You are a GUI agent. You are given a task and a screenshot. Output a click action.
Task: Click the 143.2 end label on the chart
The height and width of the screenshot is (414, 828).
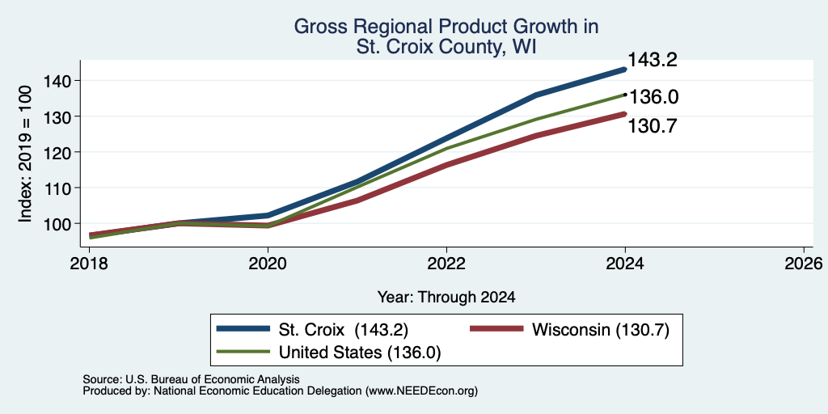pyautogui.click(x=653, y=60)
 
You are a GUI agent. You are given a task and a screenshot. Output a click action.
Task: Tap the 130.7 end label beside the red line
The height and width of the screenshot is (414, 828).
pyautogui.click(x=653, y=126)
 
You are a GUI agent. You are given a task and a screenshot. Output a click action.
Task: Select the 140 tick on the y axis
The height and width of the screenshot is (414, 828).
pyautogui.click(x=57, y=81)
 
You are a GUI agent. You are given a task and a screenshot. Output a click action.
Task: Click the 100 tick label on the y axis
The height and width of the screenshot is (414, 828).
pyautogui.click(x=57, y=224)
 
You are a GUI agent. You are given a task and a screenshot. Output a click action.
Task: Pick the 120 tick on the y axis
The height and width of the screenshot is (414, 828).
pyautogui.click(x=57, y=152)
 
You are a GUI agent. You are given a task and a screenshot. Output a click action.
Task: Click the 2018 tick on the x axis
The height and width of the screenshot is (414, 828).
pyautogui.click(x=89, y=263)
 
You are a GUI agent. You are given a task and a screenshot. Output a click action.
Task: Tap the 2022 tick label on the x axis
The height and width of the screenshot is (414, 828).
pyautogui.click(x=446, y=263)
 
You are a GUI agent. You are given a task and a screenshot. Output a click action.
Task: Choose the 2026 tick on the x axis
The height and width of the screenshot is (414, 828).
pyautogui.click(x=804, y=263)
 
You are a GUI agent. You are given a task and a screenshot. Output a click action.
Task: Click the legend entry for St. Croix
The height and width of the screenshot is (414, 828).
pyautogui.click(x=312, y=330)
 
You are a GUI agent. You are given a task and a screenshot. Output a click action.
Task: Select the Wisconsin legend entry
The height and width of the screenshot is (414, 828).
pyautogui.click(x=570, y=330)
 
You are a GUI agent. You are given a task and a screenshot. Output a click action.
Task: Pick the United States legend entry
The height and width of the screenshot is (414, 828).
pyautogui.click(x=328, y=353)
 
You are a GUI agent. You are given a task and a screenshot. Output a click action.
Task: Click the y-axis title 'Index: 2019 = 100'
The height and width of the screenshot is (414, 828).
pyautogui.click(x=25, y=154)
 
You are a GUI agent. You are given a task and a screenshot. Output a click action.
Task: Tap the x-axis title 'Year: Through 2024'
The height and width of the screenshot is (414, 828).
pyautogui.click(x=446, y=298)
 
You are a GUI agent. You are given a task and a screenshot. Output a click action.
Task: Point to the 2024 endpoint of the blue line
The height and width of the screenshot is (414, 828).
pyautogui.click(x=625, y=70)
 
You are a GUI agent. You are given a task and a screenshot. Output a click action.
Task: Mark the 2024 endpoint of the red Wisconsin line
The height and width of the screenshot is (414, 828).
pyautogui.click(x=625, y=113)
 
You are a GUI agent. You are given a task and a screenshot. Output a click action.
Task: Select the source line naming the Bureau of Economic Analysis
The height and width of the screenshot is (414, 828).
pyautogui.click(x=191, y=379)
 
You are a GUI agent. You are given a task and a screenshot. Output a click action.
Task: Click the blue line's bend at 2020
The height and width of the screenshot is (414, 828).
pyautogui.click(x=268, y=215)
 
